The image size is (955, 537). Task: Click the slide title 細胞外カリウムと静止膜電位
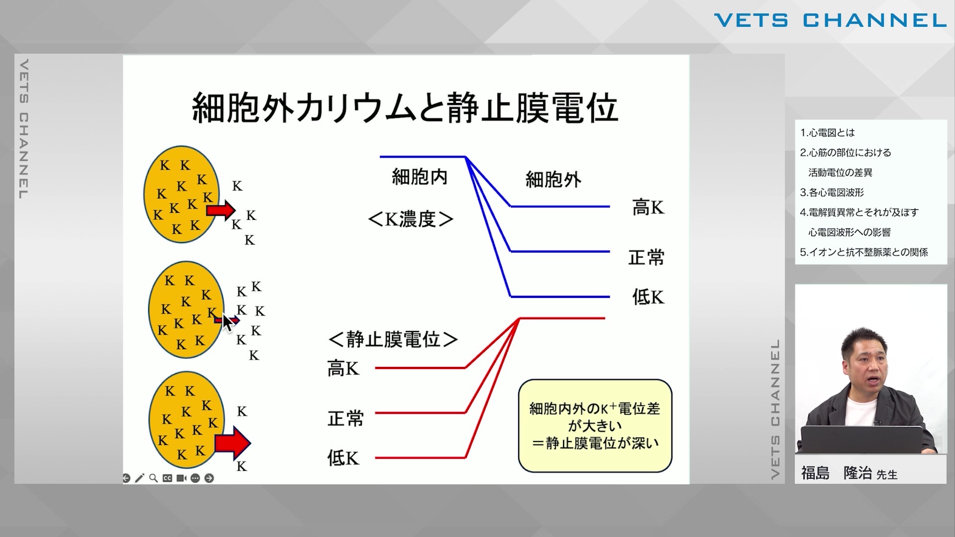click(405, 107)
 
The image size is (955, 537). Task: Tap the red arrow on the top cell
click(221, 210)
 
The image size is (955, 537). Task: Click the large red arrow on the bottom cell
click(233, 443)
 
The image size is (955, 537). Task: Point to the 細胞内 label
click(420, 177)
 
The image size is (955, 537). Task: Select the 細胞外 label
click(553, 179)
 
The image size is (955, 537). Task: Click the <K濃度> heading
click(411, 219)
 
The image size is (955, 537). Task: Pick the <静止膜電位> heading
click(393, 340)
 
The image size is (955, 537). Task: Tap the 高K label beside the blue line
click(648, 207)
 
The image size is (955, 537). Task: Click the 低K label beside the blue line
click(648, 297)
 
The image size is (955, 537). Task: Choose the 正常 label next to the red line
click(346, 418)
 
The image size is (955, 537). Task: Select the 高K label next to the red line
click(343, 368)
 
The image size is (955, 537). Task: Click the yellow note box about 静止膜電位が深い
click(595, 426)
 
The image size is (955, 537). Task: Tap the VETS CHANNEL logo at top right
click(830, 20)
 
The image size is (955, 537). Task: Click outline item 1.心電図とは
click(827, 133)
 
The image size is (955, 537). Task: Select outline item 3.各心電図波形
click(832, 192)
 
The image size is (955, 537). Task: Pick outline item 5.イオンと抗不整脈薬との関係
click(863, 252)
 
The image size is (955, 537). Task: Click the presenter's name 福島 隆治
click(836, 473)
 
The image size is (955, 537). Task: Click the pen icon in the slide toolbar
click(139, 478)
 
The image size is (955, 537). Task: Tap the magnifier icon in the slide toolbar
click(153, 478)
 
